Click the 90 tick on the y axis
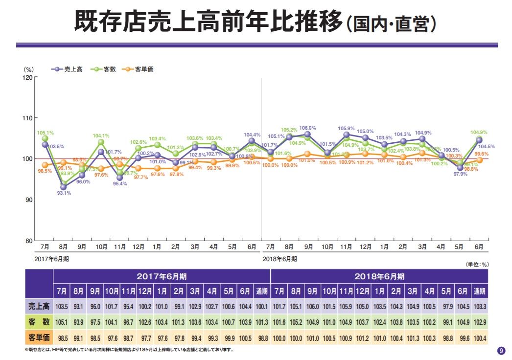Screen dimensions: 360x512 29,200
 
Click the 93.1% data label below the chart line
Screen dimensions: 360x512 64,193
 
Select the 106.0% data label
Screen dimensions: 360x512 307,128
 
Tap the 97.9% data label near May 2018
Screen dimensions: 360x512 460,175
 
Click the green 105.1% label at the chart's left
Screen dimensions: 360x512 45,133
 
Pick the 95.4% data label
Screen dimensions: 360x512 120,184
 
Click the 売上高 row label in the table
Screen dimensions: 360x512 39,306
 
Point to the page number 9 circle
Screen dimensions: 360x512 501,350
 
